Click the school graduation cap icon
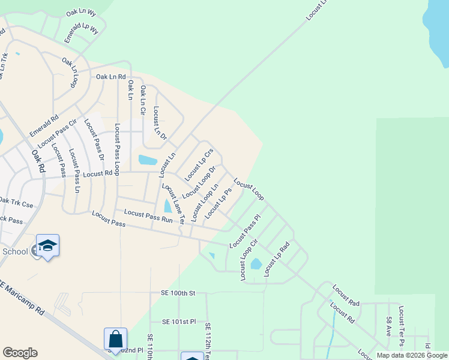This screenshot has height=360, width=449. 47,245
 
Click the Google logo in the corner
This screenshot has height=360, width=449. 20,353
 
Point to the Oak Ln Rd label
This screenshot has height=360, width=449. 111,77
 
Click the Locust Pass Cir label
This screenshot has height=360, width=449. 58,134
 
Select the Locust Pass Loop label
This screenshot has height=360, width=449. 117,149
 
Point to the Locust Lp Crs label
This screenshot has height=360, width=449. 199,165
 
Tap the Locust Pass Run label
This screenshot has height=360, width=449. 148,216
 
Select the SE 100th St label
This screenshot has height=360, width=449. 178,293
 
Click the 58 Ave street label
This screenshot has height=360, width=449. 390,326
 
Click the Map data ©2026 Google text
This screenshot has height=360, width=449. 412,355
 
